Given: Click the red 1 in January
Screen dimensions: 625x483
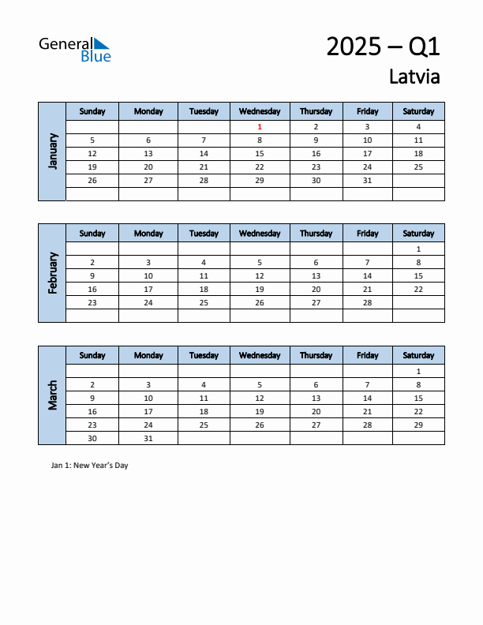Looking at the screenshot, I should point(260,126).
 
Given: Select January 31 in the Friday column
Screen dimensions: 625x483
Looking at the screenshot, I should point(367,180).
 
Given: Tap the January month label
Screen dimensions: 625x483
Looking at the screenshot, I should point(53,151).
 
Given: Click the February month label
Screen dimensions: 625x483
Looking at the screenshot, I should point(53,273).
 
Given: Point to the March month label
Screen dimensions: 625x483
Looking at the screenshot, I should point(53,395).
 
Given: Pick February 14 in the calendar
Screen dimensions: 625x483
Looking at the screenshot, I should point(367,275).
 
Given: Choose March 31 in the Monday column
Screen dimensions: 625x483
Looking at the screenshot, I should point(148,438).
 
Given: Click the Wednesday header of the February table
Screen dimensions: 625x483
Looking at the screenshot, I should point(260,234).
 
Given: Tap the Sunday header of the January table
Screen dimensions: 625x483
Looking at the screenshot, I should point(92,111).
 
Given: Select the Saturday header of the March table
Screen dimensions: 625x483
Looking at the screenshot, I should point(418,355).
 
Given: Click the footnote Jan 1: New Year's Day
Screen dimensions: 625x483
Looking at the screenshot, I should point(89,466).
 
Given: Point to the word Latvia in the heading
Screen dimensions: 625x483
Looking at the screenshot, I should point(414,77).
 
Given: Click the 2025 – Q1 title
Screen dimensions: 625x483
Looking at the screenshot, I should point(383,47).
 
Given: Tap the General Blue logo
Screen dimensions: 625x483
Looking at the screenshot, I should point(76,49).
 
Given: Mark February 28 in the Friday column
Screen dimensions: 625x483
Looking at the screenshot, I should point(367,302).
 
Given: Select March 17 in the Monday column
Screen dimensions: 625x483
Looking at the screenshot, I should point(148,411).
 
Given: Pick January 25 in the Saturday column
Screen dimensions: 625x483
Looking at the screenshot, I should point(418,167).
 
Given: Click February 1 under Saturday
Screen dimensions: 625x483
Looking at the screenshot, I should point(418,249).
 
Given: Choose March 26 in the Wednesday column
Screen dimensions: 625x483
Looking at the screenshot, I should point(260,425).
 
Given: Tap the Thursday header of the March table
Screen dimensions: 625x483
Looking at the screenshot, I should point(316,355).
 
